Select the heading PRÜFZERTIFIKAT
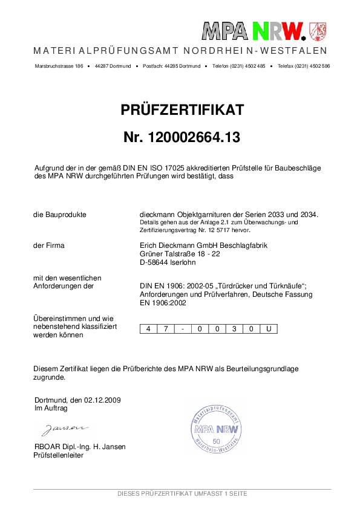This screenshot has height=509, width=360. click(x=182, y=109)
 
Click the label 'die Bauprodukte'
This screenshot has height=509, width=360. click(x=60, y=215)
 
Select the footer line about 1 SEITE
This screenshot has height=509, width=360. click(x=182, y=494)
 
